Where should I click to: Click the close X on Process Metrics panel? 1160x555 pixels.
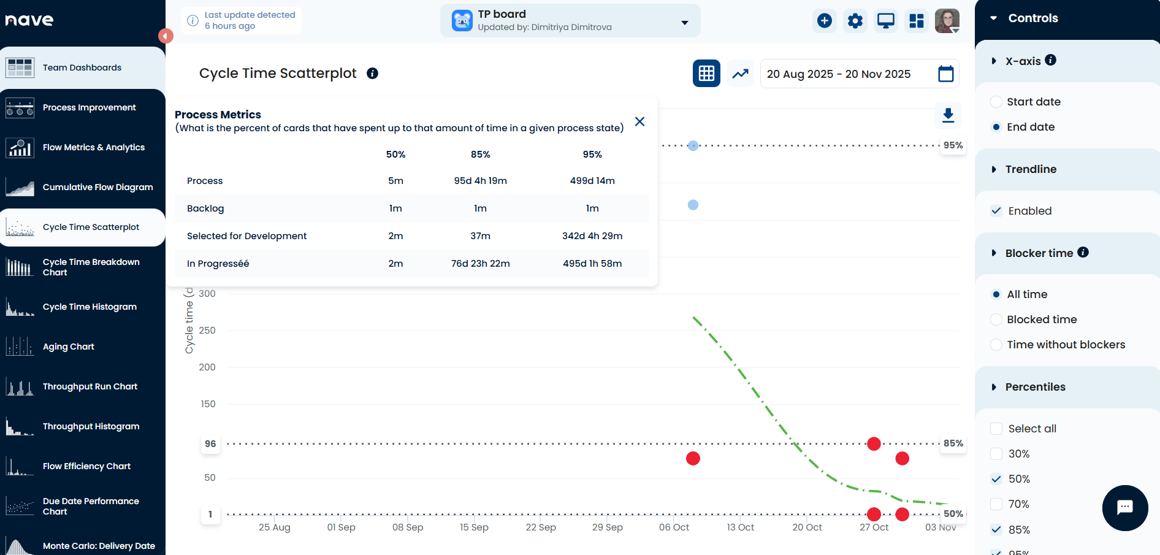tap(639, 121)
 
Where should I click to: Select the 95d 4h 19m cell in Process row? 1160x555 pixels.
tap(480, 181)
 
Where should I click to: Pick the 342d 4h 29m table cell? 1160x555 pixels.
tap(592, 236)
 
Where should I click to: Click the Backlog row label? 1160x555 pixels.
tap(205, 209)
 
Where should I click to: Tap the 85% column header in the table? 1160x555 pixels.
tap(480, 155)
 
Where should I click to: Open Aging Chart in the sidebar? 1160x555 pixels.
tap(69, 346)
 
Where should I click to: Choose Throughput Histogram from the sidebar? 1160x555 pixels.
tap(91, 426)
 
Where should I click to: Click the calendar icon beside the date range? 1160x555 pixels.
tap(945, 74)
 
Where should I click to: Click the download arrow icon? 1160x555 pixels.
tap(948, 115)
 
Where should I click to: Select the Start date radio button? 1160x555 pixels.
tap(996, 102)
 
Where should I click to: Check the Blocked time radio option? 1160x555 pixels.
tap(996, 320)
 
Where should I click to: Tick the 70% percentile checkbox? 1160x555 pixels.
tap(996, 504)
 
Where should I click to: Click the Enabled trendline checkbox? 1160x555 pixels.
tap(996, 211)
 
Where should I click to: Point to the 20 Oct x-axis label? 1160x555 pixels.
tap(807, 527)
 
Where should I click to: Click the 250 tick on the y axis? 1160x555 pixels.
tap(207, 331)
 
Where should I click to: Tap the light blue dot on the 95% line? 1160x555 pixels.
tap(693, 146)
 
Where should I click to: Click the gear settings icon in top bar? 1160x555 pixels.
tap(855, 21)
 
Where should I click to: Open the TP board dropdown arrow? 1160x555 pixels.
tap(685, 23)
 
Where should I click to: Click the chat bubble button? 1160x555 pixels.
tap(1124, 508)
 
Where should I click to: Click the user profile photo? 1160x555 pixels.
tap(947, 21)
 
